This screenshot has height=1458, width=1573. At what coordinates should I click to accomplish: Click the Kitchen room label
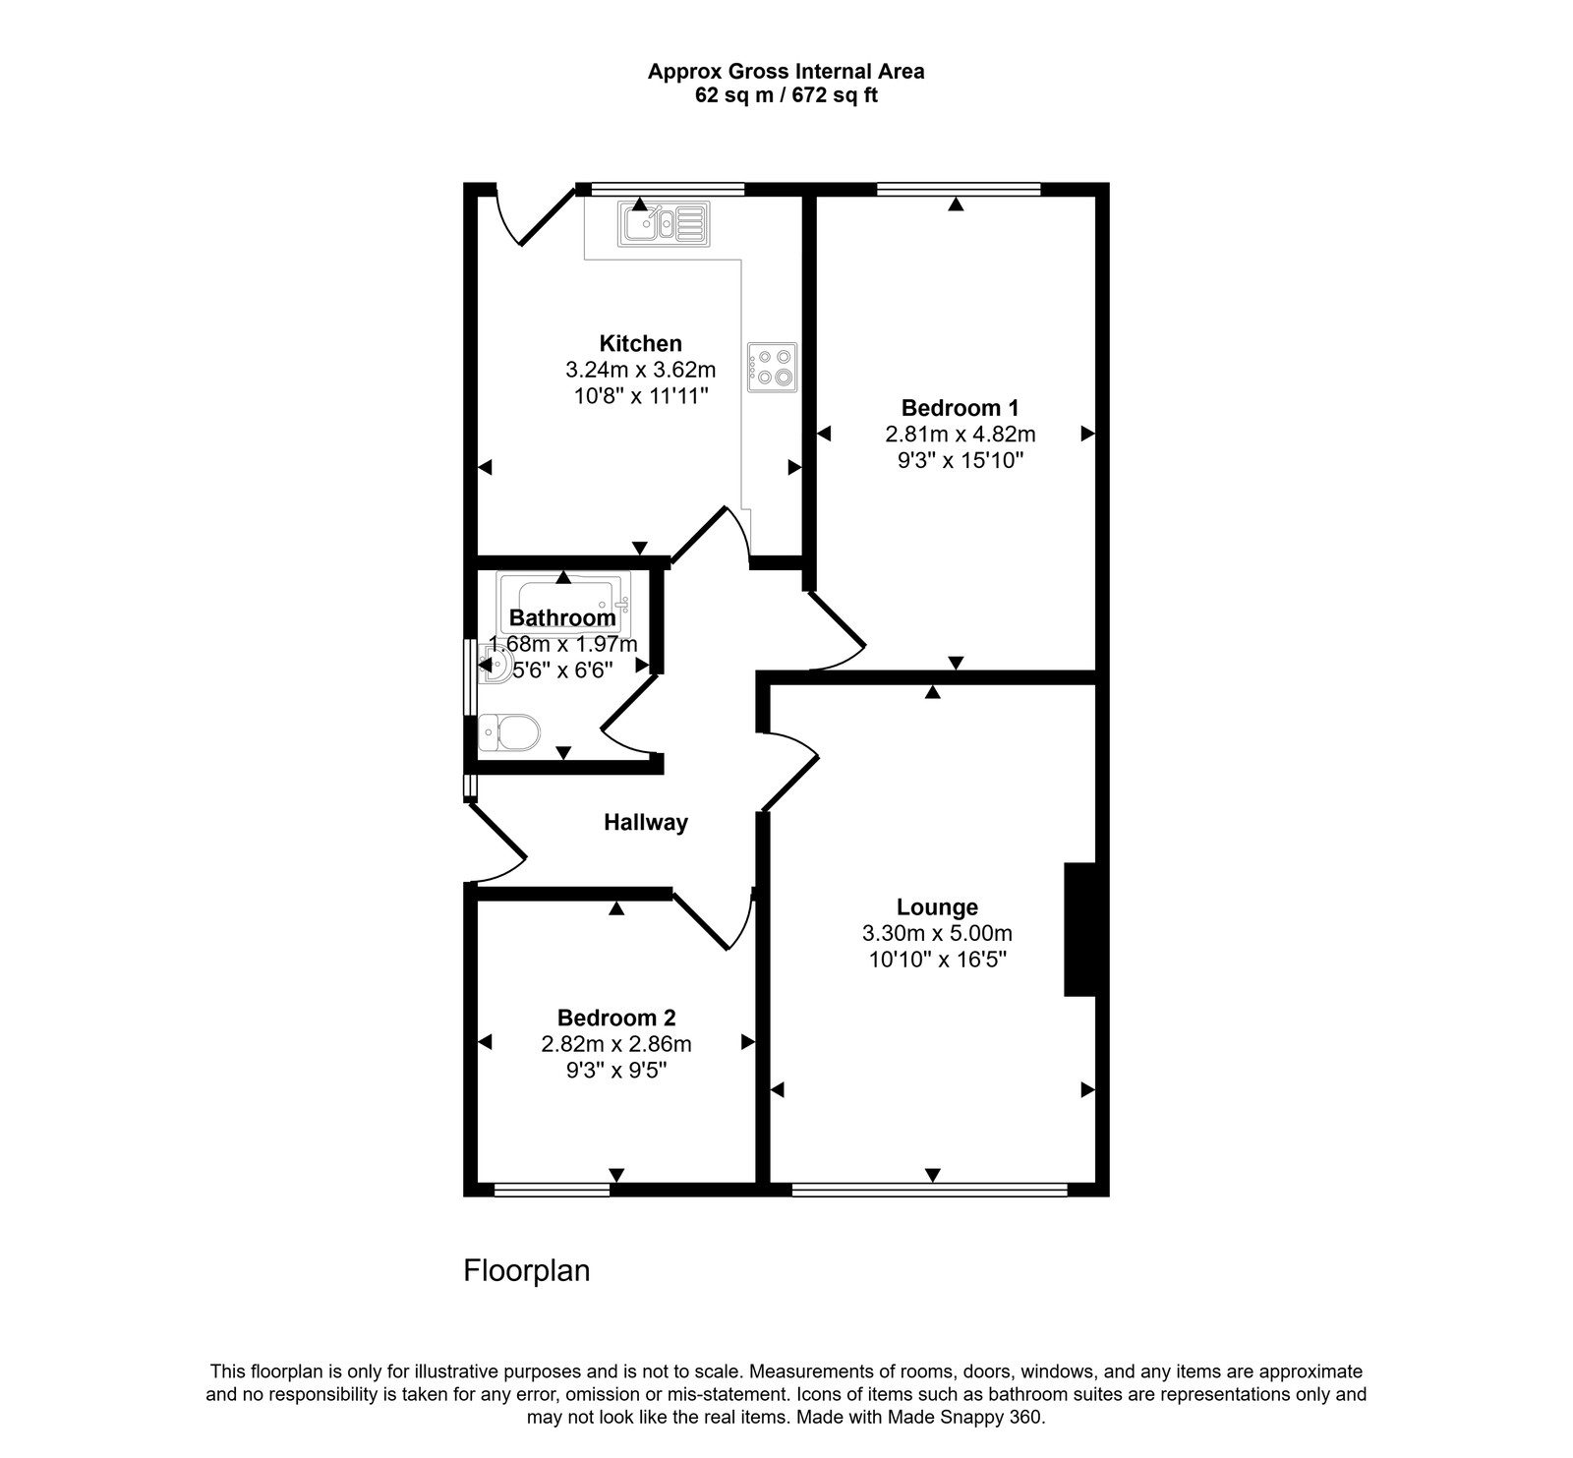click(x=640, y=343)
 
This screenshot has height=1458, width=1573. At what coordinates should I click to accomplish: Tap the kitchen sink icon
click(x=664, y=224)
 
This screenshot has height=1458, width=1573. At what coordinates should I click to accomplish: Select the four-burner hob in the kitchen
click(x=772, y=367)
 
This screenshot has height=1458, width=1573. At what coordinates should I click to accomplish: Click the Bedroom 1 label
click(x=960, y=407)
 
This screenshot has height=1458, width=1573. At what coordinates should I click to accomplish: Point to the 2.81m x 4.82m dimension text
click(x=960, y=434)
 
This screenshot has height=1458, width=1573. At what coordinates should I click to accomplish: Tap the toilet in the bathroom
click(x=510, y=732)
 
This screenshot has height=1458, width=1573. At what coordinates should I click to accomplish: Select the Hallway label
click(x=645, y=822)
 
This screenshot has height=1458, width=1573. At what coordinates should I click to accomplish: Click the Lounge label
click(x=936, y=906)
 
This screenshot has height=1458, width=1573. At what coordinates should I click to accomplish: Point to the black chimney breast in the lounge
click(x=1080, y=929)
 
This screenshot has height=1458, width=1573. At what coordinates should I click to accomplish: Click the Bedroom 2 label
click(x=615, y=1018)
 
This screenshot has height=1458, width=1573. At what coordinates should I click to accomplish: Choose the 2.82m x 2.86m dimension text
click(x=615, y=1044)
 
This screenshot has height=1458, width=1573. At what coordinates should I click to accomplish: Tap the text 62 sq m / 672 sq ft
click(x=786, y=95)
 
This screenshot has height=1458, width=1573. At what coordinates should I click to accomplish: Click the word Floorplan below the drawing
click(x=526, y=1270)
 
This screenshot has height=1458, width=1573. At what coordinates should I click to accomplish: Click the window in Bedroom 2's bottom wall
click(x=552, y=1190)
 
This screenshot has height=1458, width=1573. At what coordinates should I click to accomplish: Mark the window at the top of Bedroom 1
click(x=958, y=189)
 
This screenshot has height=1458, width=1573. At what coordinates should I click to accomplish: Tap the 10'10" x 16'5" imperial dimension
click(x=936, y=959)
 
